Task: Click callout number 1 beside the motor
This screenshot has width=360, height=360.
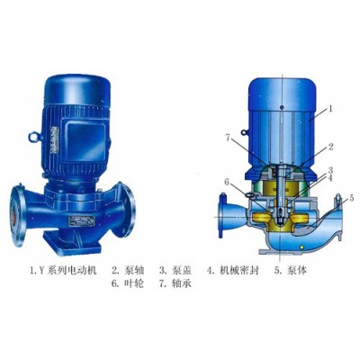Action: pyautogui.click(x=330, y=109)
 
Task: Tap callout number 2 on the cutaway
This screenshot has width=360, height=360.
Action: pyautogui.click(x=330, y=147)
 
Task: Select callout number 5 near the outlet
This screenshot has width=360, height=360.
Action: pyautogui.click(x=351, y=198)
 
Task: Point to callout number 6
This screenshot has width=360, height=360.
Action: pyautogui.click(x=227, y=183)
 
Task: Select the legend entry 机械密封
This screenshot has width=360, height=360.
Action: pyautogui.click(x=239, y=271)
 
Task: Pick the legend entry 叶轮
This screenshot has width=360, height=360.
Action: pyautogui.click(x=133, y=283)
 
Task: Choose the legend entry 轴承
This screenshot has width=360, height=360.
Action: pyautogui.click(x=182, y=283)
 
